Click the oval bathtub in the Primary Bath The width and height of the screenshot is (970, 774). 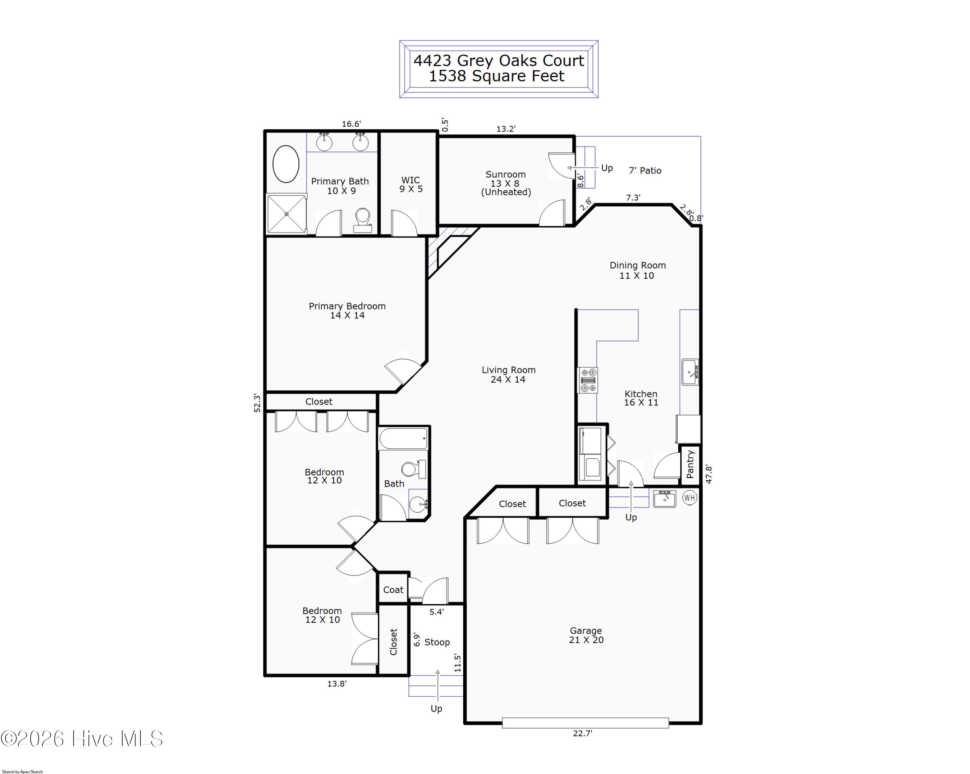(286, 164)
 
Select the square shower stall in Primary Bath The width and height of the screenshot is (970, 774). (286, 214)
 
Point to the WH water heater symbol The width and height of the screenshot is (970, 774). (690, 498)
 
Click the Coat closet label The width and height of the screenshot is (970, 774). (393, 590)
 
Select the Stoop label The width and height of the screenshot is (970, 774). (437, 642)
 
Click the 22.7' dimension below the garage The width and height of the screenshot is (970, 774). (583, 733)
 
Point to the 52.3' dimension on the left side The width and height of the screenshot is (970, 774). (257, 403)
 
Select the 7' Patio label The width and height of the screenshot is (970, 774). (645, 170)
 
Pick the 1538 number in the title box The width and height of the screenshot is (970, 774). (447, 76)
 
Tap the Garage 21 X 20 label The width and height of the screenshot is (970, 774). (586, 635)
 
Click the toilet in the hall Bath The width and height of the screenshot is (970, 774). (414, 469)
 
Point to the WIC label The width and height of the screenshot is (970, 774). (410, 180)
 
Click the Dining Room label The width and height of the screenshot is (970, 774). (638, 266)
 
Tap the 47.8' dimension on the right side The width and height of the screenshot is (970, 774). (709, 474)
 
